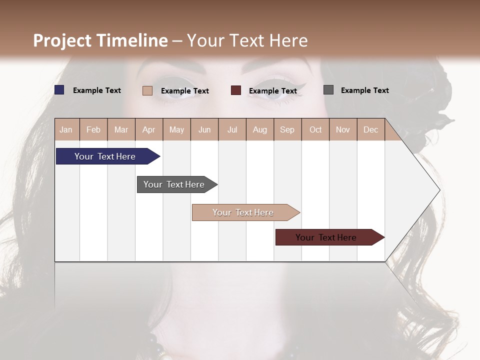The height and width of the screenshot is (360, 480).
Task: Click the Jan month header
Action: [66, 129]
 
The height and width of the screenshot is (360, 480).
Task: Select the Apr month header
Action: [148, 129]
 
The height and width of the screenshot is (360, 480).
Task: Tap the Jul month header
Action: [232, 129]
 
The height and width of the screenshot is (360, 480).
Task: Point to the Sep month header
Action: [287, 129]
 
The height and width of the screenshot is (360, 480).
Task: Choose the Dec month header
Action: [370, 129]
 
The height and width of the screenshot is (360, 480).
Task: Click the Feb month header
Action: [93, 129]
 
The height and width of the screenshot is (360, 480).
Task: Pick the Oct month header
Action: [315, 129]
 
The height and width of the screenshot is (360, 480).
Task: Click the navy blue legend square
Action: [59, 90]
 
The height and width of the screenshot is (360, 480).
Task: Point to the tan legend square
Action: [147, 90]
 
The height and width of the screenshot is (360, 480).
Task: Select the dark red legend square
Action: [236, 90]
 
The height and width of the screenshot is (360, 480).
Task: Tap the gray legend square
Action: [328, 90]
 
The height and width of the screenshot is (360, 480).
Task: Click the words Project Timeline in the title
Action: [100, 40]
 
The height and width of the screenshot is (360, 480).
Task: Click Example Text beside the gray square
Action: [364, 90]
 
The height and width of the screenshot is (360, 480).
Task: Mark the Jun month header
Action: [204, 129]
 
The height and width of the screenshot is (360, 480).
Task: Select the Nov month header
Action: [343, 129]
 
